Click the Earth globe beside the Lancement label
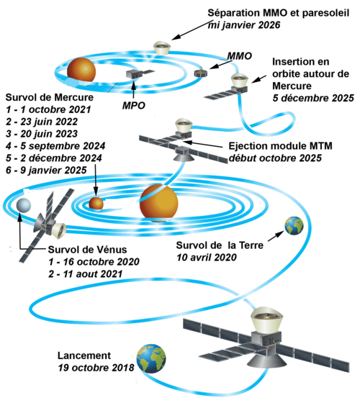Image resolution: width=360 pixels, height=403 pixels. pyautogui.click(x=151, y=359)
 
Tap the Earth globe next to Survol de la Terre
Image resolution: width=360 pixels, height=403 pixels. pyautogui.click(x=294, y=226)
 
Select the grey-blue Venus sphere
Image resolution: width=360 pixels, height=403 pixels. pyautogui.click(x=24, y=206)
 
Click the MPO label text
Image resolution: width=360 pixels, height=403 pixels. pyautogui.click(x=134, y=105)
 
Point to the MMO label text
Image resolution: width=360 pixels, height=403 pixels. pyautogui.click(x=239, y=56)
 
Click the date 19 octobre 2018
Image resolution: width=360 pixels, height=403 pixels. pyautogui.click(x=96, y=368)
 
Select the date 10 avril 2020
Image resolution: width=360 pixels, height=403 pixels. pyautogui.click(x=207, y=258)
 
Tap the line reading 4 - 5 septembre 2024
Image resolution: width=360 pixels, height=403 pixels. pyautogui.click(x=55, y=146)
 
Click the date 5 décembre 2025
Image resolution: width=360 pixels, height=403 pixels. pyautogui.click(x=313, y=98)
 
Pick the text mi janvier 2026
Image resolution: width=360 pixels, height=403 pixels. pyautogui.click(x=244, y=25)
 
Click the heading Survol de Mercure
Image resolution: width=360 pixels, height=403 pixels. pyautogui.click(x=50, y=97)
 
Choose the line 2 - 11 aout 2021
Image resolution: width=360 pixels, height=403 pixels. pyautogui.click(x=86, y=274)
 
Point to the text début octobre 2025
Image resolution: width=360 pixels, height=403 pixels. pyautogui.click(x=275, y=158)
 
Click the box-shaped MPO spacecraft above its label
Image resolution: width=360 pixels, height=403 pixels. pyautogui.click(x=134, y=74)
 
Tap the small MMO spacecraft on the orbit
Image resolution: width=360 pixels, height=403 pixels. pyautogui.click(x=201, y=73)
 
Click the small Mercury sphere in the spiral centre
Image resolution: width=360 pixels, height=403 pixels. pyautogui.click(x=96, y=203)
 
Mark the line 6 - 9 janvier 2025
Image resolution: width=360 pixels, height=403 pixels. pyautogui.click(x=46, y=170)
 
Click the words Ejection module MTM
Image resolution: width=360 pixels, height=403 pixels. pyautogui.click(x=281, y=146)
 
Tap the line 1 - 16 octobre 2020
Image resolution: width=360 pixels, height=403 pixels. pyautogui.click(x=94, y=262)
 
